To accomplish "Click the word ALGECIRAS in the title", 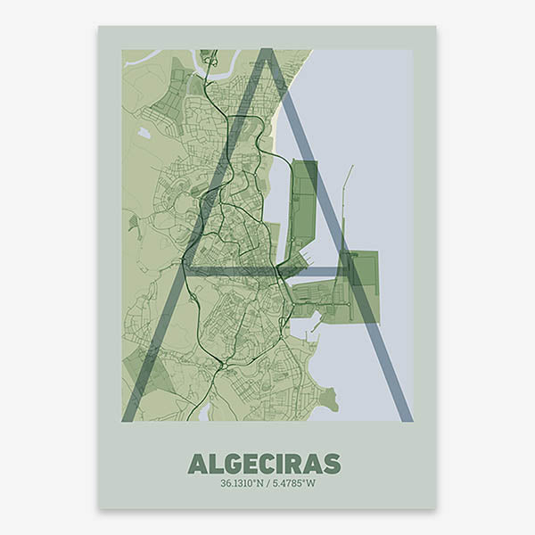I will click(264, 464).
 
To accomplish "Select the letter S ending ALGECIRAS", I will click(332, 464).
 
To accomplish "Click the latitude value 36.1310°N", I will click(243, 483).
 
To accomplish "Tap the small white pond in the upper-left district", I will click(144, 134).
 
